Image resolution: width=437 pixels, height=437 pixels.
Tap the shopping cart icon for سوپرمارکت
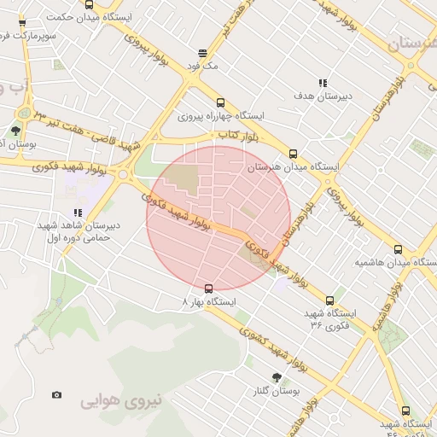pyautogui.click(x=22, y=23)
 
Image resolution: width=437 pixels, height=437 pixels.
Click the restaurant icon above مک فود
pyautogui.click(x=201, y=52)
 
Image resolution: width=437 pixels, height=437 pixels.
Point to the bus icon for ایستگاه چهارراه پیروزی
pyautogui.click(x=221, y=102)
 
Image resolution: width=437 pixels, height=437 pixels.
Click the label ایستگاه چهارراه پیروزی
pyautogui.click(x=221, y=115)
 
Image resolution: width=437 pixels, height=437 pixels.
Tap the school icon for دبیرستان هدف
pyautogui.click(x=323, y=83)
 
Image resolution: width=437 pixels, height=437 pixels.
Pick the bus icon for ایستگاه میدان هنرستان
pyautogui.click(x=294, y=154)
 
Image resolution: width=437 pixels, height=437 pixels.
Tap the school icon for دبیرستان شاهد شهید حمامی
pyautogui.click(x=78, y=213)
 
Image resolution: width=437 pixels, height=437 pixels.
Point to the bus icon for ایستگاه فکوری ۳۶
pyautogui.click(x=330, y=300)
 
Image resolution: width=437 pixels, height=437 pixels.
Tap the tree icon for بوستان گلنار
pyautogui.click(x=277, y=376)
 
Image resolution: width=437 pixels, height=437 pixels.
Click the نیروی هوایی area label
pyautogui.click(x=121, y=399)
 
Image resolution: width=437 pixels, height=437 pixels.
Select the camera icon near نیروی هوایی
pyautogui.click(x=56, y=395)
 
